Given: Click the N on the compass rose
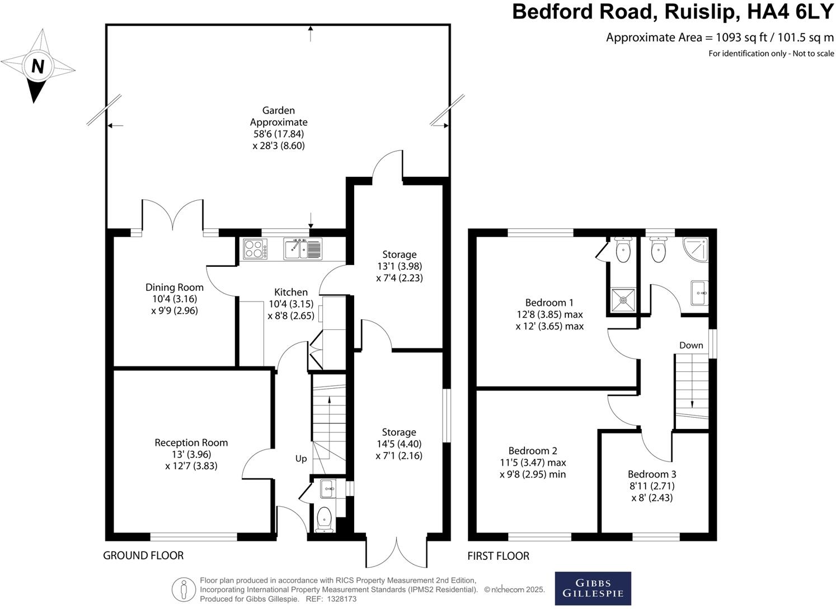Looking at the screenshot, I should coord(37,67).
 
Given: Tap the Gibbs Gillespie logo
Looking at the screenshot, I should coord(593,588).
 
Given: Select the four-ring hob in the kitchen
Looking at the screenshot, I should coord(255,249).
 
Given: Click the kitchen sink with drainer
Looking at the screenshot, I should coord(303,249).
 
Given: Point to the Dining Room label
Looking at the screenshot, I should coord(175,287).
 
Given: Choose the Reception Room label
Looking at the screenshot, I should coord(191,442).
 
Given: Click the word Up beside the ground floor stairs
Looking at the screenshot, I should coord(301,459).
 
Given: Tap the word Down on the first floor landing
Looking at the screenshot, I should coord(691,345).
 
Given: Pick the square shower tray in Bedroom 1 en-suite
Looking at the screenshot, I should coord(623,300).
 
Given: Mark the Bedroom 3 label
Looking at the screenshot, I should coord(652,474).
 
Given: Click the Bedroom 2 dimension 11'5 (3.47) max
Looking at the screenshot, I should coord(533,463).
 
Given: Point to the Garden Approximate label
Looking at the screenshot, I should coord(279,116).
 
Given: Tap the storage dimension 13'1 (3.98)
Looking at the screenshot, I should coord(399,266).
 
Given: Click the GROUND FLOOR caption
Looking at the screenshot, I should coord(143,555).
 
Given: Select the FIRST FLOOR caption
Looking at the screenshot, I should coord(499,556).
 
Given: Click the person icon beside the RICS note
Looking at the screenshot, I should coord(183,590).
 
